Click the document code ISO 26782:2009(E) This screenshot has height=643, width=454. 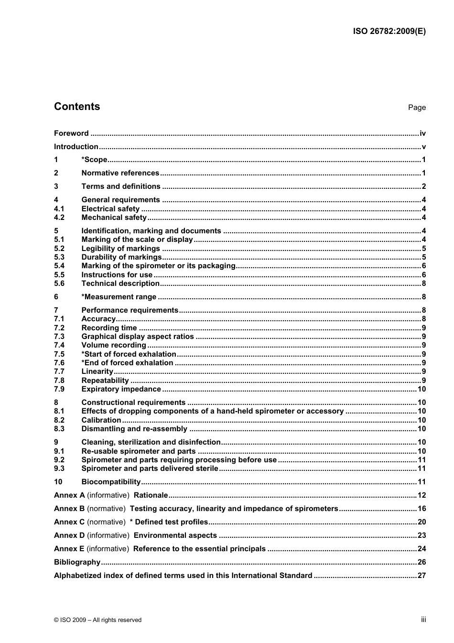tap(389, 32)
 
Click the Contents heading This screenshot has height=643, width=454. tap(77, 107)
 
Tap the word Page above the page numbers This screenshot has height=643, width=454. tap(417, 108)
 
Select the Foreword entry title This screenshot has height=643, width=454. tap(71, 133)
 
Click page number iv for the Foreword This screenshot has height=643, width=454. tap(422, 133)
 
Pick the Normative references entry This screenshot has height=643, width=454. tap(120, 173)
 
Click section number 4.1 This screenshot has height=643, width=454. tap(59, 209)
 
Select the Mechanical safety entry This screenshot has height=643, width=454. tap(114, 218)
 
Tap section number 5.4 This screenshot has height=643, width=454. tap(59, 266)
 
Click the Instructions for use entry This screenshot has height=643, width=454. tap(117, 275)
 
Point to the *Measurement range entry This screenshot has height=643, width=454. tap(119, 297)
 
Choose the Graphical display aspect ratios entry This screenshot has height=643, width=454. tap(138, 337)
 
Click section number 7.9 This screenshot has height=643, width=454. tap(59, 389)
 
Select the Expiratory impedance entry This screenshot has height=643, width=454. tap(121, 389)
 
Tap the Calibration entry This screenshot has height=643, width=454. tap(101, 420)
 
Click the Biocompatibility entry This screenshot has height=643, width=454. tap(111, 482)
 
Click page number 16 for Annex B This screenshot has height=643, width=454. tap(422, 509)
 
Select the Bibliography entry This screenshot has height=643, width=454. tap(77, 562)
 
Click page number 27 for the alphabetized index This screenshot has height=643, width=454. tap(422, 576)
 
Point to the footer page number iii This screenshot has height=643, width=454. tap(423, 620)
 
